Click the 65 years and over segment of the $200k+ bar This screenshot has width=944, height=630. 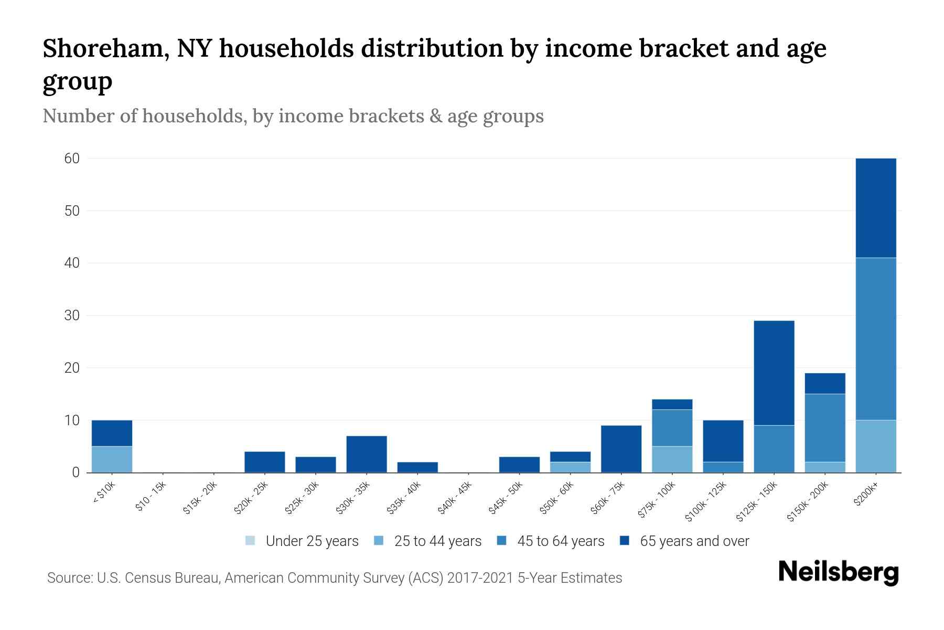pos(876,207)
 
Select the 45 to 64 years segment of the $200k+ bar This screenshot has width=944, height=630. pos(876,339)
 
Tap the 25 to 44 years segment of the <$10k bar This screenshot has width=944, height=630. pos(112,459)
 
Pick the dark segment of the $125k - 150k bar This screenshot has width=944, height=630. pos(774,373)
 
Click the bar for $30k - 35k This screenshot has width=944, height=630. pos(367,454)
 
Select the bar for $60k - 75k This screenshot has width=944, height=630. pos(621,449)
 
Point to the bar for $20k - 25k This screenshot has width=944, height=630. pos(265,462)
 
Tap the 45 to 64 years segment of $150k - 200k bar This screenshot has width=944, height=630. pos(825,428)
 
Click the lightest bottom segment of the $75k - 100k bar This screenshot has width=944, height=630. pos(672,459)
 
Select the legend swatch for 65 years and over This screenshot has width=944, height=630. pos(625,541)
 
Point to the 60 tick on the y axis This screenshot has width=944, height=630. pos(72,159)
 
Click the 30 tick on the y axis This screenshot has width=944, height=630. pos(72,316)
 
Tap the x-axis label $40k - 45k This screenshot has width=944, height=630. pos(455,498)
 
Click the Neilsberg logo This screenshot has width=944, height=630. pos(838,572)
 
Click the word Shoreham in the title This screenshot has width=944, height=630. pos(105,49)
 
